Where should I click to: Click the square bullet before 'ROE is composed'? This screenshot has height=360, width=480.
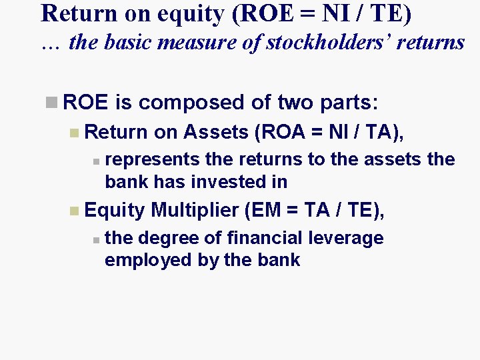[x=51, y=103]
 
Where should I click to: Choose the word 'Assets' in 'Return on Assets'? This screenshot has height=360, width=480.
[x=219, y=133]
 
